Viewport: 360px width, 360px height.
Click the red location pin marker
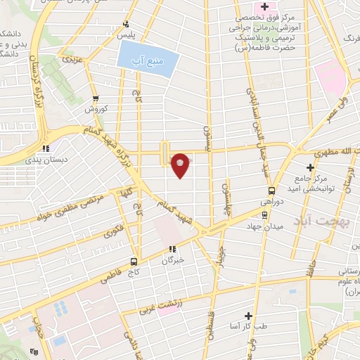coord(181,165)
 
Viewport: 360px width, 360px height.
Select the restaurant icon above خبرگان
coord(171,249)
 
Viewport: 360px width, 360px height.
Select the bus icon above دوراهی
coord(271,191)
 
